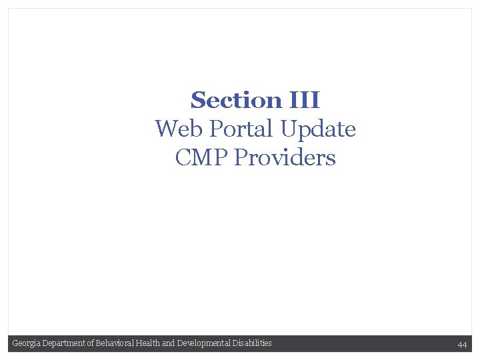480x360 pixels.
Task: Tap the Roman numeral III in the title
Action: tap(305, 101)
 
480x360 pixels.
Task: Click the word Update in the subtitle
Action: tap(319, 129)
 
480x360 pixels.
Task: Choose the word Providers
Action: tap(285, 158)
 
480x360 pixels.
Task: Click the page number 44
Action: tap(462, 344)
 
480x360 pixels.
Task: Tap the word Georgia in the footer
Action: tap(25, 343)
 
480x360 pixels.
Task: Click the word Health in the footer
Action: tap(147, 343)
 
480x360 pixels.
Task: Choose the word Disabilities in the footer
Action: tap(251, 343)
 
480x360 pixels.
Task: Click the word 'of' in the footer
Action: tap(91, 343)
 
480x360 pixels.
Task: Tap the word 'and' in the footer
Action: tap(168, 343)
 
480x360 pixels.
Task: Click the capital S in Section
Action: tap(197, 101)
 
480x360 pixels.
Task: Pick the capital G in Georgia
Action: tap(15, 343)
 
